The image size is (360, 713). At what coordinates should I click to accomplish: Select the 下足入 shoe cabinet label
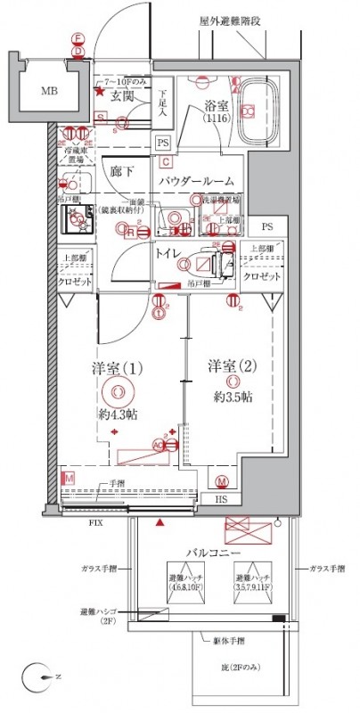[163, 107]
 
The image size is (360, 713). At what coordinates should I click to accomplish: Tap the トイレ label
[169, 254]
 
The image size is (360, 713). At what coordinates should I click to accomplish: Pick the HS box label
[221, 501]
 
